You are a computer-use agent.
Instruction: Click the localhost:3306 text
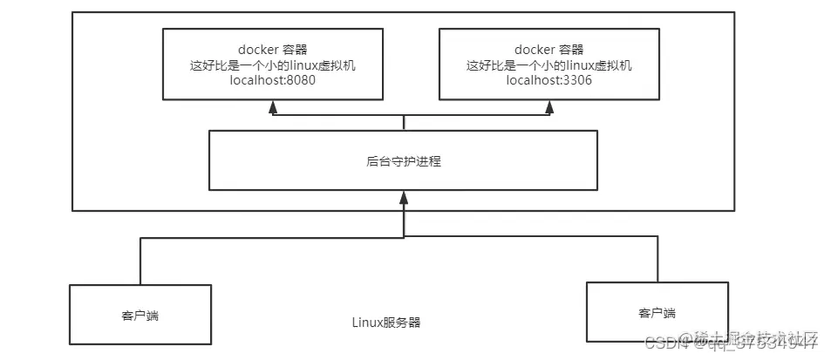548,80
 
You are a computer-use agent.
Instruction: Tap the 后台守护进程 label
404,161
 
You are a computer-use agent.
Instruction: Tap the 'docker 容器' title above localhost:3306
548,49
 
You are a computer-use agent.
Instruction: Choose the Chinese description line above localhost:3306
548,65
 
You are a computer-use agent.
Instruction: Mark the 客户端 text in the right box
656,312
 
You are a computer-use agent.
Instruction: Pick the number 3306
576,80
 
